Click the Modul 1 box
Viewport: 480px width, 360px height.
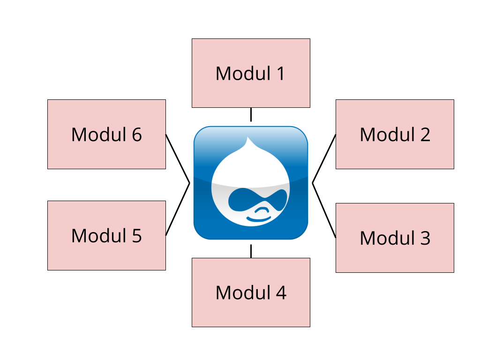tap(251, 73)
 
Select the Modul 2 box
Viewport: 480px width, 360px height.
tap(395, 134)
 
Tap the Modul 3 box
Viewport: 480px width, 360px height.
tap(395, 238)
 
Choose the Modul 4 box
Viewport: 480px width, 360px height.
tap(251, 292)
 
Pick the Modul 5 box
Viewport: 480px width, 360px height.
tap(106, 235)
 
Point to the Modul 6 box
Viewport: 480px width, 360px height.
tap(106, 134)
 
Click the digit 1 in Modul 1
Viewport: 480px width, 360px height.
tap(280, 74)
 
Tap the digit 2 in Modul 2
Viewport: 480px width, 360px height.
tap(424, 135)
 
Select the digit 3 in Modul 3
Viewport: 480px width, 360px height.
tap(424, 238)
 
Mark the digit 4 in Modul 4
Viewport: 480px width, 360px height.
tap(280, 292)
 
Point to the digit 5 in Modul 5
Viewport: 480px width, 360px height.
tap(136, 236)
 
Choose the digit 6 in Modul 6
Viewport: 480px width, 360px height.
tap(136, 135)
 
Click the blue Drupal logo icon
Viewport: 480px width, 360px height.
tap(251, 183)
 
